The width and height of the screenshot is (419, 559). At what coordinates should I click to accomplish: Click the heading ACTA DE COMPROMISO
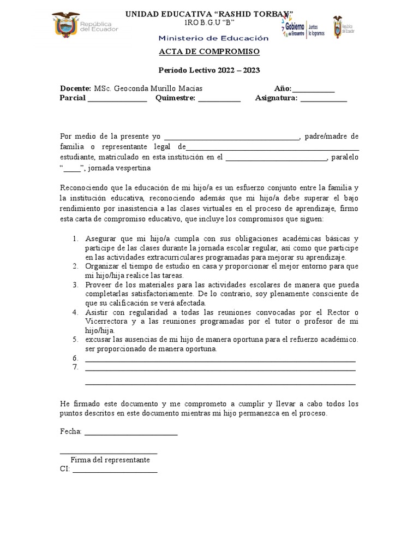point(209,52)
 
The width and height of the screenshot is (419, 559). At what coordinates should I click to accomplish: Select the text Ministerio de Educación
point(214,38)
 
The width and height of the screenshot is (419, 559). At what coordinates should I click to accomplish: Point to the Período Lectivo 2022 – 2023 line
point(209,70)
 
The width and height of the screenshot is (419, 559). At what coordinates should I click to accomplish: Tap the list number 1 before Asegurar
point(75,239)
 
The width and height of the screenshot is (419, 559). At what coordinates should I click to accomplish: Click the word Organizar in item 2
point(102,266)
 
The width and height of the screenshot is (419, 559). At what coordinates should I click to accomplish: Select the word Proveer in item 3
point(99,285)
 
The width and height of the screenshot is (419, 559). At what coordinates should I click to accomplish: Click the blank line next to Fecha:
point(131,433)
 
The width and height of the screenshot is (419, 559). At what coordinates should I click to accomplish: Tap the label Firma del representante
point(110,460)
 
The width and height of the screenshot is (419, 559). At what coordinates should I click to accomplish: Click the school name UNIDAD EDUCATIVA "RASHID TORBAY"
point(209,14)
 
